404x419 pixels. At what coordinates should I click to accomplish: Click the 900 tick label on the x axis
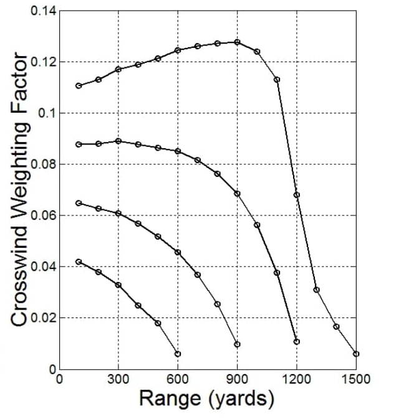(237, 379)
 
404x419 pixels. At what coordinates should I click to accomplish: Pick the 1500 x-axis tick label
(356, 379)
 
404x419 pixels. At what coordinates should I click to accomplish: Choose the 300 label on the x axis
(118, 379)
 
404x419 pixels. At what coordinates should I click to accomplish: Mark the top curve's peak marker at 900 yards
(238, 42)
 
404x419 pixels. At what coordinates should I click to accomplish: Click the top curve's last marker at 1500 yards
(356, 354)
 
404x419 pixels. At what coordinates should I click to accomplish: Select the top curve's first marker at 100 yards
(79, 85)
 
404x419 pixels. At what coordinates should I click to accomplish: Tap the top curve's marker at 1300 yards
(316, 290)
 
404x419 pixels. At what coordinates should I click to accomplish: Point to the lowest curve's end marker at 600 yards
(178, 354)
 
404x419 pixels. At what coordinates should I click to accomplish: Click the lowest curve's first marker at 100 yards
(79, 261)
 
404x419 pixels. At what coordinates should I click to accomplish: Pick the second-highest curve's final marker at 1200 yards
(297, 342)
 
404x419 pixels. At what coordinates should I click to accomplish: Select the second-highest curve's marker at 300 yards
(118, 141)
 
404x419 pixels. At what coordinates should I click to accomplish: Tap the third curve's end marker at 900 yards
(238, 344)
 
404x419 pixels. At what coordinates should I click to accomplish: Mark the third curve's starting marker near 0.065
(79, 203)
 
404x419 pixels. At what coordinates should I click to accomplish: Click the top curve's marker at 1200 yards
(297, 195)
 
